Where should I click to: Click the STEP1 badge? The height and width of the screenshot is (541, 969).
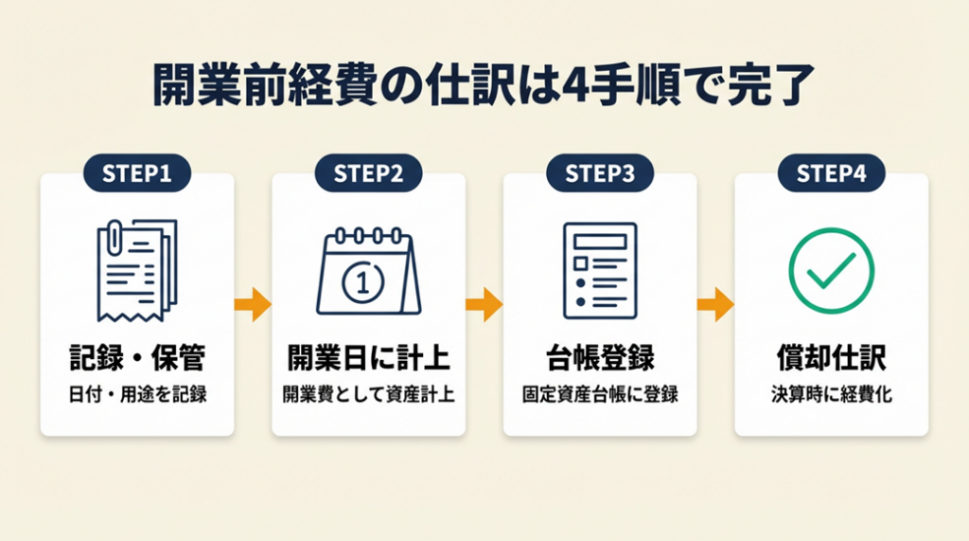click(137, 173)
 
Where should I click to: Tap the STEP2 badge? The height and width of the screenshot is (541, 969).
click(368, 173)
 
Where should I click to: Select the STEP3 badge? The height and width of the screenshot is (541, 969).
click(600, 173)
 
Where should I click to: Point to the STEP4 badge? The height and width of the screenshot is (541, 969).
click(831, 173)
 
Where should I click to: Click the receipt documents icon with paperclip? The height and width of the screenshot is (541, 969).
click(136, 270)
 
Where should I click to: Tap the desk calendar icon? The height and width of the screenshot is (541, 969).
click(368, 272)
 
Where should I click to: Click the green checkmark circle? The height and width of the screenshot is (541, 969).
click(831, 271)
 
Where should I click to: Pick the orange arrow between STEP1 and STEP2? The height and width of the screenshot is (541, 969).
click(253, 304)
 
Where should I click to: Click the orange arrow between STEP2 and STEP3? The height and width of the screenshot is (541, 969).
click(484, 304)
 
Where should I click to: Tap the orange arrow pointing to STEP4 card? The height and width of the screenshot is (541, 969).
click(715, 304)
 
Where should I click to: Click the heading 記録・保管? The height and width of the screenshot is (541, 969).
click(137, 358)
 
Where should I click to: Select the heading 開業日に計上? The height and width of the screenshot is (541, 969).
click(368, 358)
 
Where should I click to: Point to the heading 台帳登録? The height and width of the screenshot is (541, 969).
click(600, 358)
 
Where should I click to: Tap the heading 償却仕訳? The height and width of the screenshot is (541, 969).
click(831, 358)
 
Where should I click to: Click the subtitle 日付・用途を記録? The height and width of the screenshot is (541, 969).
click(137, 394)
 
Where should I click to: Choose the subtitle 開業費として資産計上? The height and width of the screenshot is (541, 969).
click(368, 394)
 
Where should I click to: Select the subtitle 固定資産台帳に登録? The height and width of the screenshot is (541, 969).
click(600, 394)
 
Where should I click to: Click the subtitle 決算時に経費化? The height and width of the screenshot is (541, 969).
click(831, 394)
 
